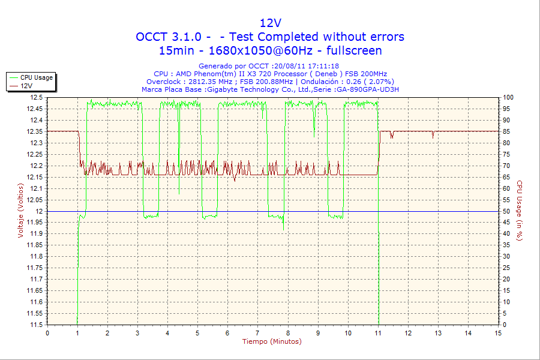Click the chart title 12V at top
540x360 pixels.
(x=270, y=23)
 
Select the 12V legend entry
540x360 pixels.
(x=26, y=86)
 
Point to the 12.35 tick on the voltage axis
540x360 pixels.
(x=34, y=131)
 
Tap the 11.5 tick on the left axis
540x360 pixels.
(x=36, y=325)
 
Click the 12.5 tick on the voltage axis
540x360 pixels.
(x=36, y=97)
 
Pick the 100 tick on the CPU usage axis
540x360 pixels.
(x=508, y=97)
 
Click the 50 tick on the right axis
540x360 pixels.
(x=506, y=211)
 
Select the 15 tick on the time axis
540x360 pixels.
(x=498, y=333)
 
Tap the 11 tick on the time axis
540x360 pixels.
(x=378, y=333)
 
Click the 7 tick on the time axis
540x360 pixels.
(x=257, y=333)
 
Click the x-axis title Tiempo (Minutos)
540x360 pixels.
(x=272, y=342)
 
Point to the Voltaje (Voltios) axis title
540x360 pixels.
(x=21, y=211)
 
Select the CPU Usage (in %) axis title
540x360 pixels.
(x=520, y=211)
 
